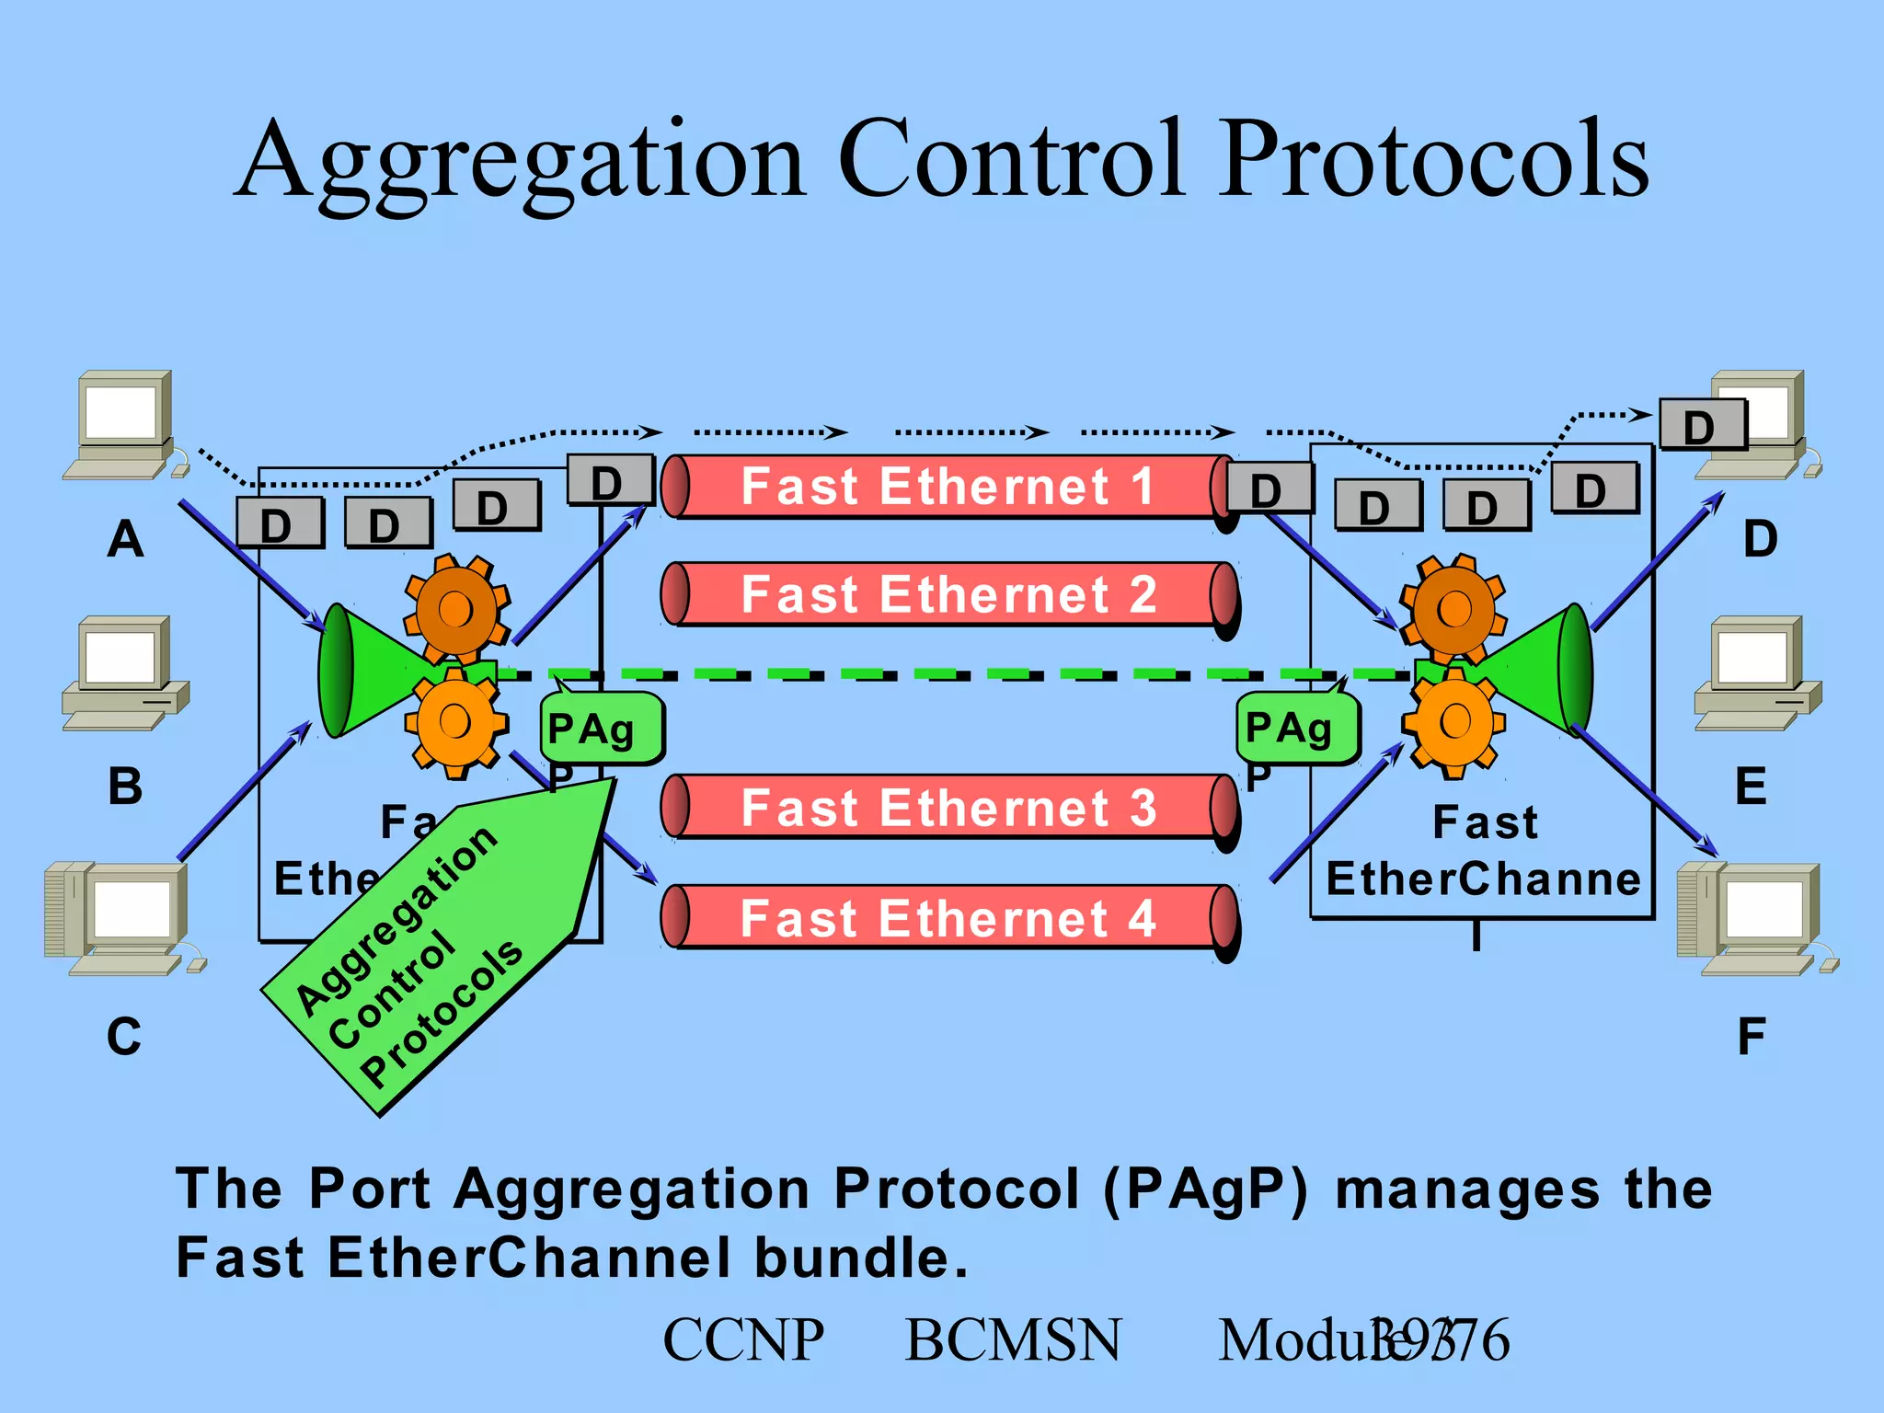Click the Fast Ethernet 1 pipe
[x=948, y=487]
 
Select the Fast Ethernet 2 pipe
[x=948, y=594]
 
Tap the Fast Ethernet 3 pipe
[x=948, y=808]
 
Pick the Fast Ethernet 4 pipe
[x=948, y=917]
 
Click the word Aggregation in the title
[x=521, y=162]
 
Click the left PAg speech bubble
[x=600, y=729]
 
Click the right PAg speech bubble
[x=1295, y=729]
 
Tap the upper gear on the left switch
[x=456, y=608]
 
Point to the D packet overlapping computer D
[x=1702, y=425]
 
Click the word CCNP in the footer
[x=743, y=1339]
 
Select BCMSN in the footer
[x=1013, y=1339]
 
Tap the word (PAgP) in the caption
[x=1205, y=1189]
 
